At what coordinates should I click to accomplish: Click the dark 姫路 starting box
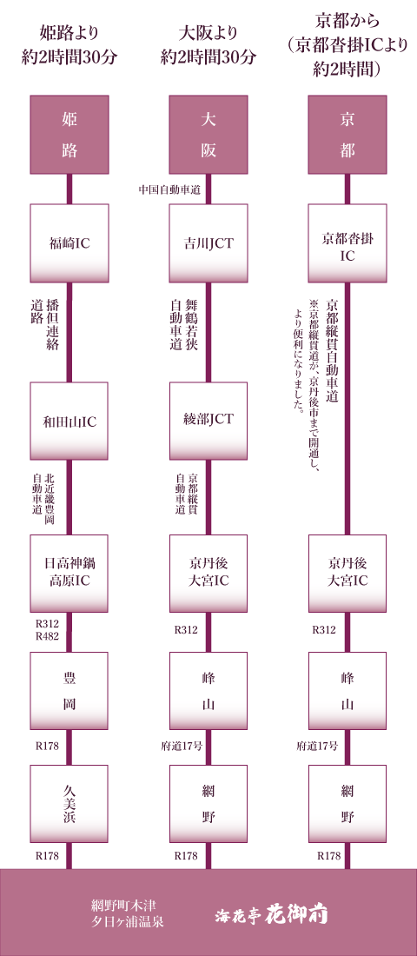coord(69,135)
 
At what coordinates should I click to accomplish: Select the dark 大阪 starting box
coord(208,135)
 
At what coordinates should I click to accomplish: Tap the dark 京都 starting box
coord(347,135)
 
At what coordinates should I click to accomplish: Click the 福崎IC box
coord(69,243)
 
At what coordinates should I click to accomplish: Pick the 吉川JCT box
coord(208,243)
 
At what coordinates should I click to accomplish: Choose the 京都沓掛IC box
coord(347,243)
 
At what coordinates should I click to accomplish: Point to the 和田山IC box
coord(69,422)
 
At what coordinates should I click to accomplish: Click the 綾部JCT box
coord(208,422)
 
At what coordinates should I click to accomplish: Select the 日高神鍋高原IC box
coord(69,574)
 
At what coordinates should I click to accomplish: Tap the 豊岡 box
coord(69,691)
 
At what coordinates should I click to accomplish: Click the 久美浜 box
coord(69,804)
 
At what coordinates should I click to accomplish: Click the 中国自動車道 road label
coord(170,190)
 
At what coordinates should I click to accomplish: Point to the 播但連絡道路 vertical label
coord(45,324)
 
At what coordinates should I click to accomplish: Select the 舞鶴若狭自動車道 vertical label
coord(184,324)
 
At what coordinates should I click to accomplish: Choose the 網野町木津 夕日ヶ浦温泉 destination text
coord(127,913)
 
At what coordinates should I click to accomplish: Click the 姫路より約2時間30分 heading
coord(69,46)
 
